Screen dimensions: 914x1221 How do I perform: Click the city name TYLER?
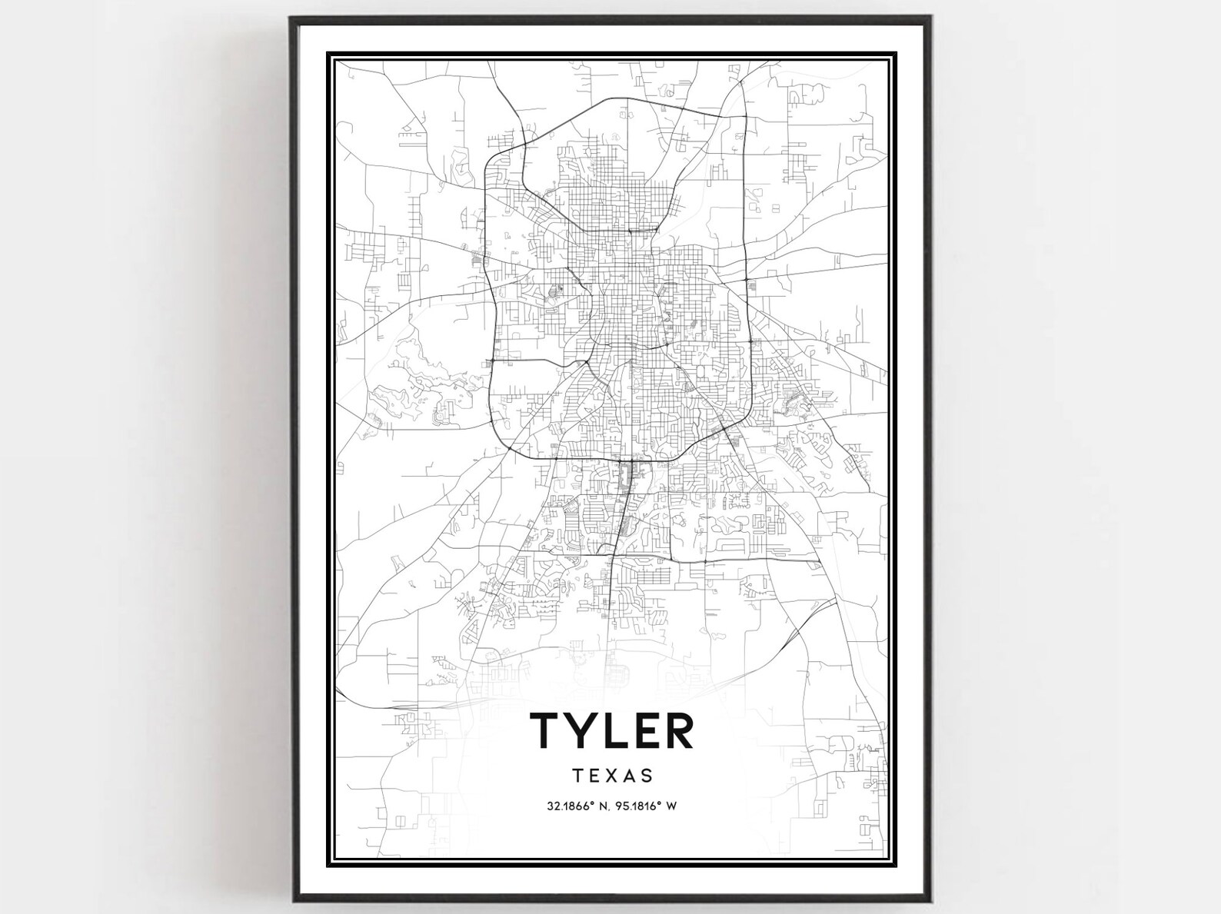click(612, 730)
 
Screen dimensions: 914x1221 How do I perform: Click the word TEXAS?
click(613, 776)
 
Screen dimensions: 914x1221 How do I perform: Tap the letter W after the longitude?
click(671, 806)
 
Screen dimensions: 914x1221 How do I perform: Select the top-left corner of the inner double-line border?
click(329, 54)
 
